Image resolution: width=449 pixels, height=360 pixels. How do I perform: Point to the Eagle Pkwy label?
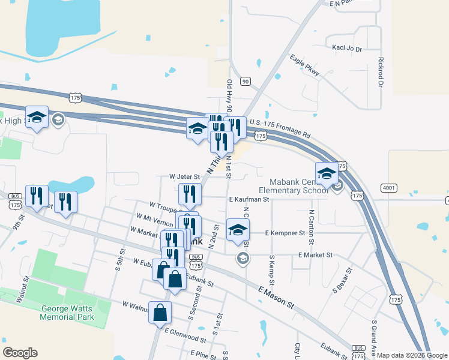click(x=304, y=65)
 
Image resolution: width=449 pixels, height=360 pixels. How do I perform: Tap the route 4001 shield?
click(x=388, y=188)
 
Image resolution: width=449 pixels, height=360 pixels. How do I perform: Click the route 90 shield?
click(x=244, y=80)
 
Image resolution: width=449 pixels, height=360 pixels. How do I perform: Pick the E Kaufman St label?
click(x=248, y=199)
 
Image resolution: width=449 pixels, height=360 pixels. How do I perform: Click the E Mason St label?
click(x=277, y=298)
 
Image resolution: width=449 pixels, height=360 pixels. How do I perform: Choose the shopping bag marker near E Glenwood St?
click(x=160, y=312)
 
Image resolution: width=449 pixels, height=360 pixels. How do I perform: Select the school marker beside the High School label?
click(x=37, y=117)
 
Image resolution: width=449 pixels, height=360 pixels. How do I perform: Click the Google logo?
click(x=20, y=353)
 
